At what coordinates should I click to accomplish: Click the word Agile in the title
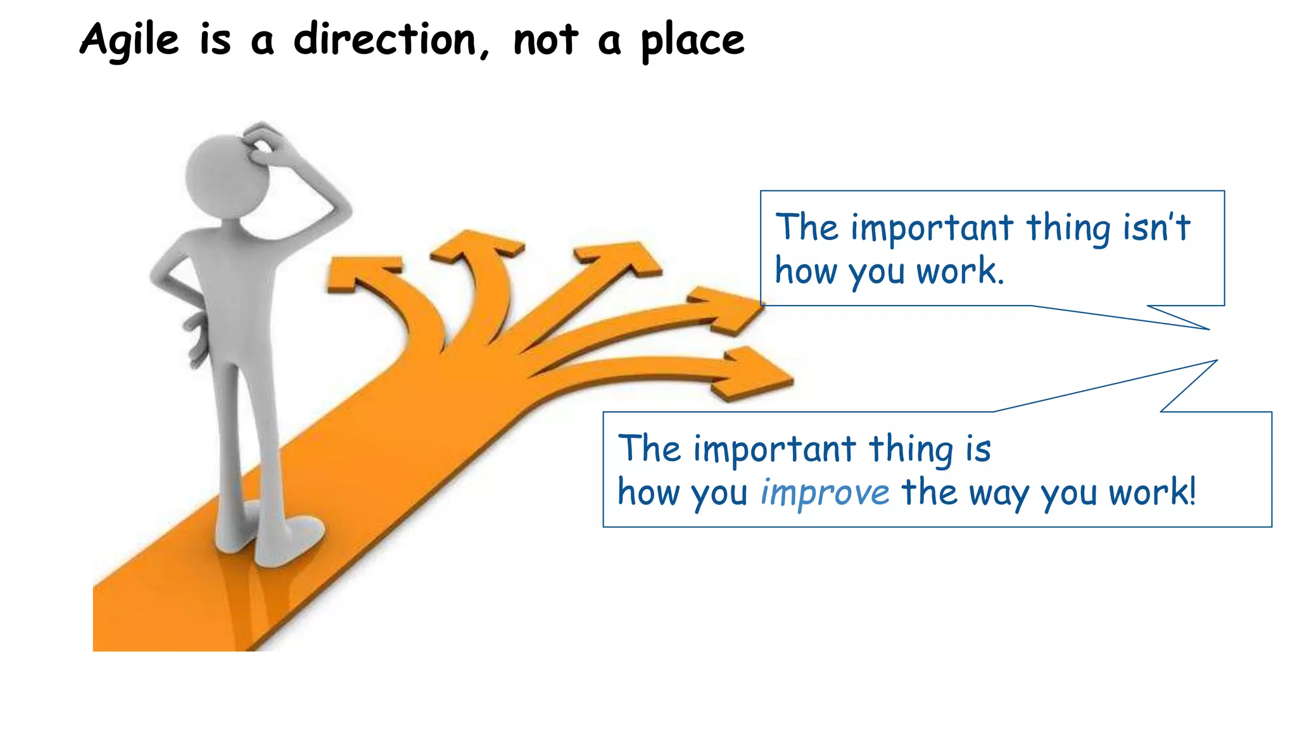[x=130, y=40]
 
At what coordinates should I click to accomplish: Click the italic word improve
[x=825, y=493]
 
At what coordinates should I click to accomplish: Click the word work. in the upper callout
[x=960, y=271]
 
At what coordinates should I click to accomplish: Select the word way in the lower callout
[x=1000, y=493]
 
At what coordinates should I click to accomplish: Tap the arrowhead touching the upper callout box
[x=728, y=310]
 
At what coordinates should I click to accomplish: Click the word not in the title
[x=545, y=40]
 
